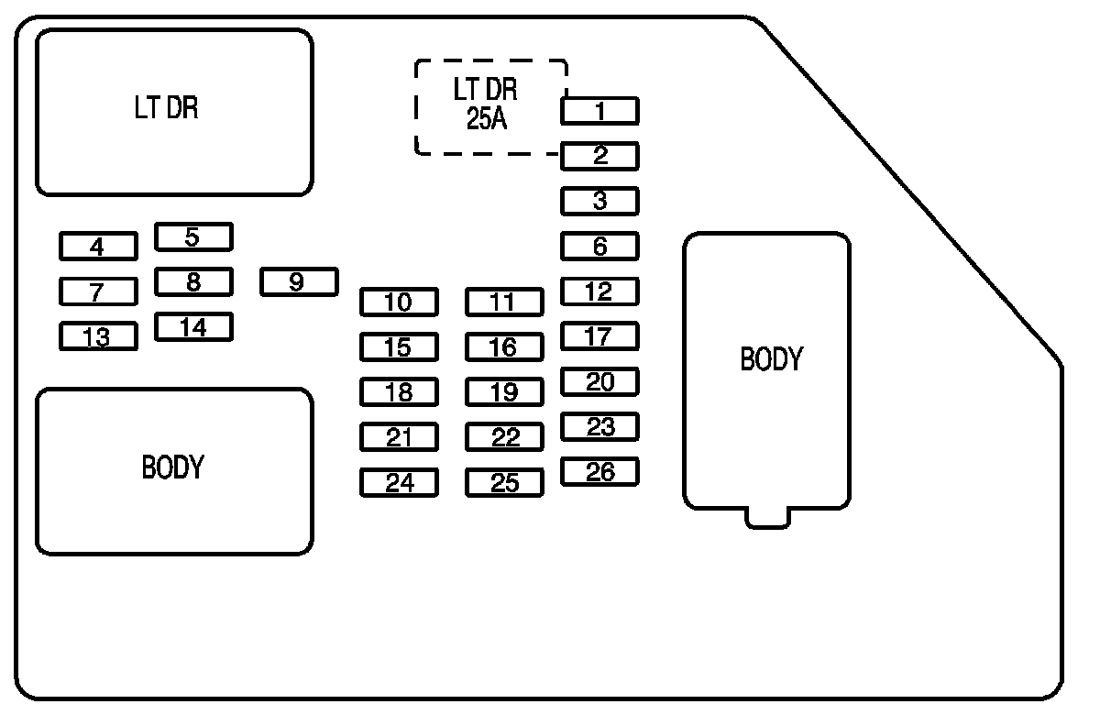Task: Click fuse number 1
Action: [x=599, y=112]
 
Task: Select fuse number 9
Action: [x=299, y=281]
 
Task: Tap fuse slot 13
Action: [x=98, y=336]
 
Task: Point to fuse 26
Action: [x=599, y=472]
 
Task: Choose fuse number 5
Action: [x=193, y=237]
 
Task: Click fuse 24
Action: [x=399, y=482]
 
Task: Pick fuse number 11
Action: [x=504, y=302]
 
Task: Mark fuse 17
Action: [x=599, y=336]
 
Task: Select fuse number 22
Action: [x=504, y=437]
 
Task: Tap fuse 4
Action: [x=98, y=247]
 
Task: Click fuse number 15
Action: [x=399, y=347]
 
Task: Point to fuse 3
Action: [x=599, y=201]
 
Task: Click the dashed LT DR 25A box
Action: [x=490, y=107]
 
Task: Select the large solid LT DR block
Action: [x=174, y=112]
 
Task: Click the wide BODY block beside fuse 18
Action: [x=174, y=471]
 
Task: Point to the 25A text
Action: [x=486, y=120]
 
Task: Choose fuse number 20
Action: [x=599, y=381]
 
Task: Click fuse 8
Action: [x=193, y=281]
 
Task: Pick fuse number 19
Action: [x=504, y=392]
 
